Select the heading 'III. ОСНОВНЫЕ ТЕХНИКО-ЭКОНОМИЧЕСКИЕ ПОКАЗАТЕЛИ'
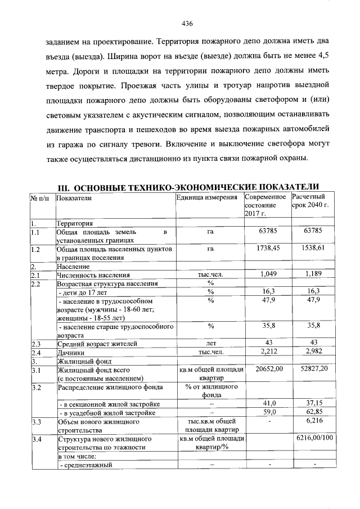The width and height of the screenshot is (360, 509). pos(190,187)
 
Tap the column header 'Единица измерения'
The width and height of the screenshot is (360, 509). pos(206,198)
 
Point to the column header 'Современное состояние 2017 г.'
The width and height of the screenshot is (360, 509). pos(266,205)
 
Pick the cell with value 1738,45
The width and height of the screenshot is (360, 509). pos(268,247)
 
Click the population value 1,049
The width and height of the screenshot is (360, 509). pos(268,274)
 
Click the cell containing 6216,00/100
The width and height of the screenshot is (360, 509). pos(313,438)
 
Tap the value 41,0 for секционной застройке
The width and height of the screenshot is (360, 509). pos(268,404)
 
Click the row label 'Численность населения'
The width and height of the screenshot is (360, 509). pos(93,275)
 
